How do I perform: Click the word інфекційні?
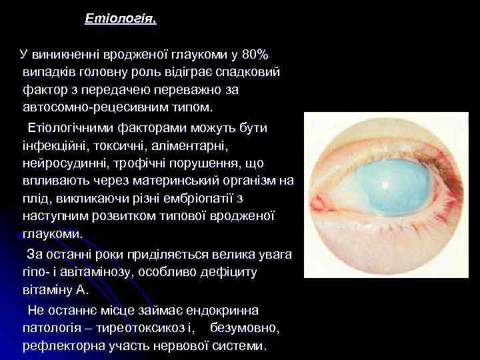(56, 145)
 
